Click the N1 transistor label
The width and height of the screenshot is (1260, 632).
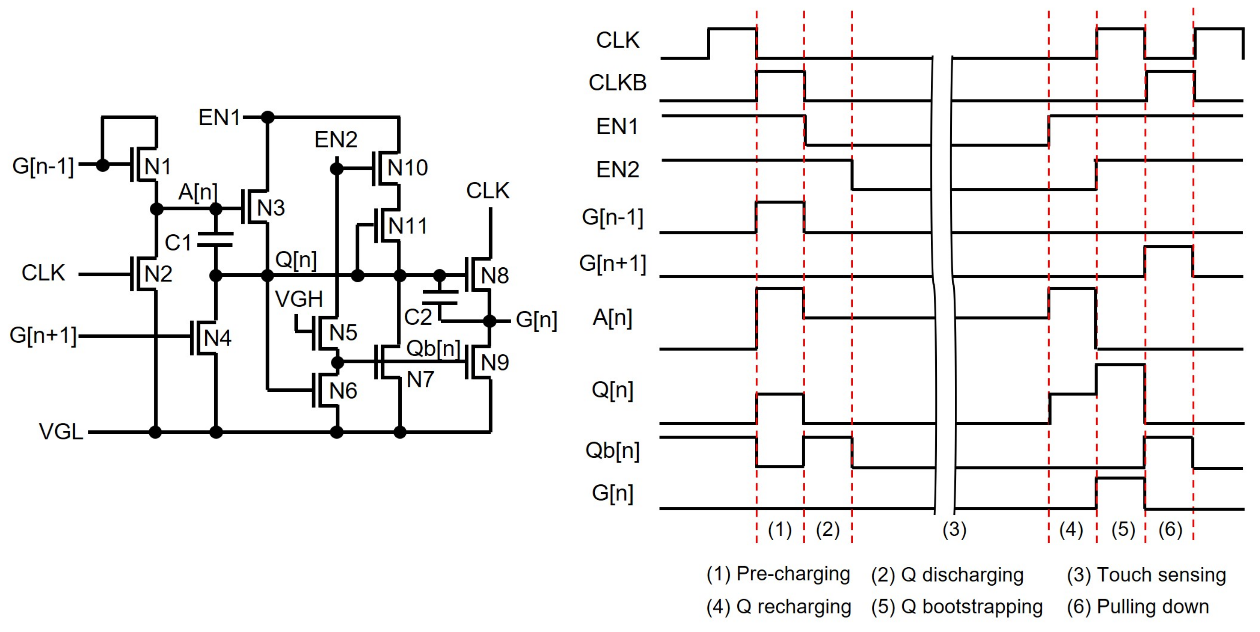coord(157,167)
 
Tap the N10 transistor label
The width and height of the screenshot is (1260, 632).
coord(407,168)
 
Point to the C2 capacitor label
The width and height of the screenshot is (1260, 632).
coord(418,318)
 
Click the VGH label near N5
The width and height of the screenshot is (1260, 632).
coord(299,299)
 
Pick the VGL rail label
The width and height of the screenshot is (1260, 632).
coord(61,432)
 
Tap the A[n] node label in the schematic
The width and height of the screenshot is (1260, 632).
coord(197,192)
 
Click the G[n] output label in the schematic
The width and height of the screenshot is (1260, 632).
coord(536,320)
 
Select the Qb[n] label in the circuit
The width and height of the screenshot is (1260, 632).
coord(433,349)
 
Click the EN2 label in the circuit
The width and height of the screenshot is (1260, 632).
coord(336,140)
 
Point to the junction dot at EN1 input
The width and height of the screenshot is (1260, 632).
coord(267,118)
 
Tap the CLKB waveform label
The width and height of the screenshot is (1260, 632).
coord(617,83)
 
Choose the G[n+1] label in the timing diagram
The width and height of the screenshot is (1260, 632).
coord(612,264)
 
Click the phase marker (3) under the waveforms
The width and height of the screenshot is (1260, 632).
coord(954,530)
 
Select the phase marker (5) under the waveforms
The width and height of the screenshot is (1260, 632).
coord(1123,530)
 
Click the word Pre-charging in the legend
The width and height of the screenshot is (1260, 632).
coord(793,574)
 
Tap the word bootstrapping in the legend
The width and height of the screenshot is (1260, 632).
coord(982,607)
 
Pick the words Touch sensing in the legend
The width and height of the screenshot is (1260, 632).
coord(1161,575)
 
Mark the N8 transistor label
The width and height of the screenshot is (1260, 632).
coord(494,276)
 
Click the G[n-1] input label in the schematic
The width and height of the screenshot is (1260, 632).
coord(43,166)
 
